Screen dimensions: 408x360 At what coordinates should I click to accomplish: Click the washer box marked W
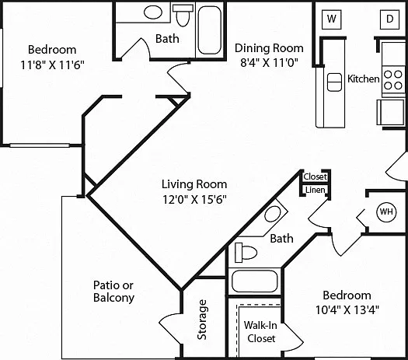[x=332, y=19]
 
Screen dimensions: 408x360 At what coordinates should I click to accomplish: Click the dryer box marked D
[x=389, y=19]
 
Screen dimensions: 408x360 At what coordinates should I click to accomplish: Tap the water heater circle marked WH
[x=386, y=212]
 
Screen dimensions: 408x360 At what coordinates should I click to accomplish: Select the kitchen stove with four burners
[x=393, y=80]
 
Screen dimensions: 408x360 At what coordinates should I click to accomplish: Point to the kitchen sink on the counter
[x=334, y=82]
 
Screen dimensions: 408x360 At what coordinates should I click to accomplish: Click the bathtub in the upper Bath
[x=210, y=30]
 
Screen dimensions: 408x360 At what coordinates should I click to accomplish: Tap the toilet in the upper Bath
[x=183, y=15]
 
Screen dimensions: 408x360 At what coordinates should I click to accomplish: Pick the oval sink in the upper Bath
[x=153, y=12]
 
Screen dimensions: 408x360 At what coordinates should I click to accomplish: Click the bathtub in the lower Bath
[x=255, y=281]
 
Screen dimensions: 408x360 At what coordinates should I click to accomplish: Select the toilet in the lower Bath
[x=246, y=252]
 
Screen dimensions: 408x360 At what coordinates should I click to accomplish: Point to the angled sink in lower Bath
[x=273, y=215]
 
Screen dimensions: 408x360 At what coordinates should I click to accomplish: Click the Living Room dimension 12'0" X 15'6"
[x=194, y=199]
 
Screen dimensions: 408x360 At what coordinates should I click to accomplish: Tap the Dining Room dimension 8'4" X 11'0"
[x=269, y=62]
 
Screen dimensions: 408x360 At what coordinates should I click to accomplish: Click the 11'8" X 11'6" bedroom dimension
[x=52, y=65]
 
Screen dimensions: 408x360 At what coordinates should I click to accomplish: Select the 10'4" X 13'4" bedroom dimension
[x=347, y=309]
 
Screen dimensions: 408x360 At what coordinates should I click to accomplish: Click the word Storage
[x=202, y=320]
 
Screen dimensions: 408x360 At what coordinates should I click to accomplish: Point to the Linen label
[x=315, y=190]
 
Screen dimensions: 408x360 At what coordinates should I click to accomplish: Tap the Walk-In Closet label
[x=260, y=332]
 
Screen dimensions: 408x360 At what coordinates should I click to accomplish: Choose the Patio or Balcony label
[x=113, y=292]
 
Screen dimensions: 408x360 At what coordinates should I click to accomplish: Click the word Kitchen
[x=364, y=79]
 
